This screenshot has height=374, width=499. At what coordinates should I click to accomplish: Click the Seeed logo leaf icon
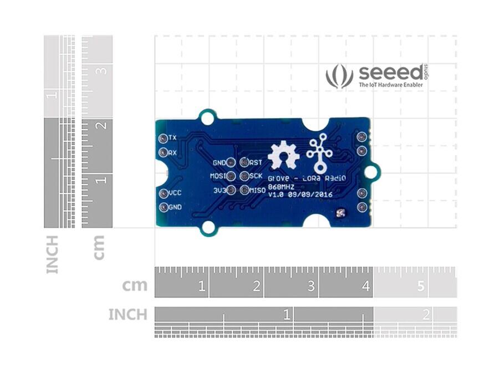tap(339, 76)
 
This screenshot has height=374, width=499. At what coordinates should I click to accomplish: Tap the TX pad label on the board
tap(172, 137)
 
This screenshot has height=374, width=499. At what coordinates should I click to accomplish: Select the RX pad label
tap(172, 152)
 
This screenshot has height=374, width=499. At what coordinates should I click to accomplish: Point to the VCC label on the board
tap(175, 193)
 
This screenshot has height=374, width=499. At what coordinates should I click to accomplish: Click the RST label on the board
tap(256, 162)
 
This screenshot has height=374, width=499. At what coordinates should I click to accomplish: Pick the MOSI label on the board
tap(218, 176)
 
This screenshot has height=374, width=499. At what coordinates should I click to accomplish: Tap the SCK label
tap(256, 176)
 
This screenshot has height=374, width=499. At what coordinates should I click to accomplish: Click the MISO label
tap(257, 190)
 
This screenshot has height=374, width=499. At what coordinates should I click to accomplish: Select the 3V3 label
tap(220, 190)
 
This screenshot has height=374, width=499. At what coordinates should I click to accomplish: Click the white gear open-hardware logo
tap(283, 155)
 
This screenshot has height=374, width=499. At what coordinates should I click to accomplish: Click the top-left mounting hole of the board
tap(207, 117)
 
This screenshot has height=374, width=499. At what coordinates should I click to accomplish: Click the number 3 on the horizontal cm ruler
tap(311, 286)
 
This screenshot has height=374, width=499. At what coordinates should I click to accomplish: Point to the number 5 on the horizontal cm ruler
tap(420, 286)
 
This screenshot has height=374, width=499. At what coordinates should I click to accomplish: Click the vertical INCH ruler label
tap(52, 254)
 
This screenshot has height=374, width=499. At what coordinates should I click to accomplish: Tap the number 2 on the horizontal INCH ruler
tap(426, 315)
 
